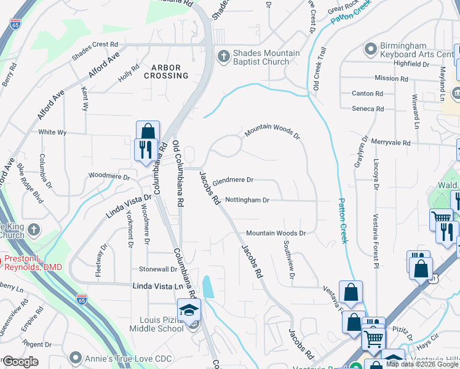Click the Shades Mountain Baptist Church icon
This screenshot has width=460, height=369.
click(223, 56)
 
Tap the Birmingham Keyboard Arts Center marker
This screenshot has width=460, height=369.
click(370, 48)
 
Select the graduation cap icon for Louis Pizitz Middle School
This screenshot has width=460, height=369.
click(189, 309)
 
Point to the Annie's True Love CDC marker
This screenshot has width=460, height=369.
click(76, 357)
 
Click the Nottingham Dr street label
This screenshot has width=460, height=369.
click(247, 200)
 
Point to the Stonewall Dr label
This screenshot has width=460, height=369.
click(158, 269)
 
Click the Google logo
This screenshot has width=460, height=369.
click(21, 362)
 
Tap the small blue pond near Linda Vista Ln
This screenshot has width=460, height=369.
click(208, 287)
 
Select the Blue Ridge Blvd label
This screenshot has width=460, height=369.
click(30, 184)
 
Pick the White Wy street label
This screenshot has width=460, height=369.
click(52, 132)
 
